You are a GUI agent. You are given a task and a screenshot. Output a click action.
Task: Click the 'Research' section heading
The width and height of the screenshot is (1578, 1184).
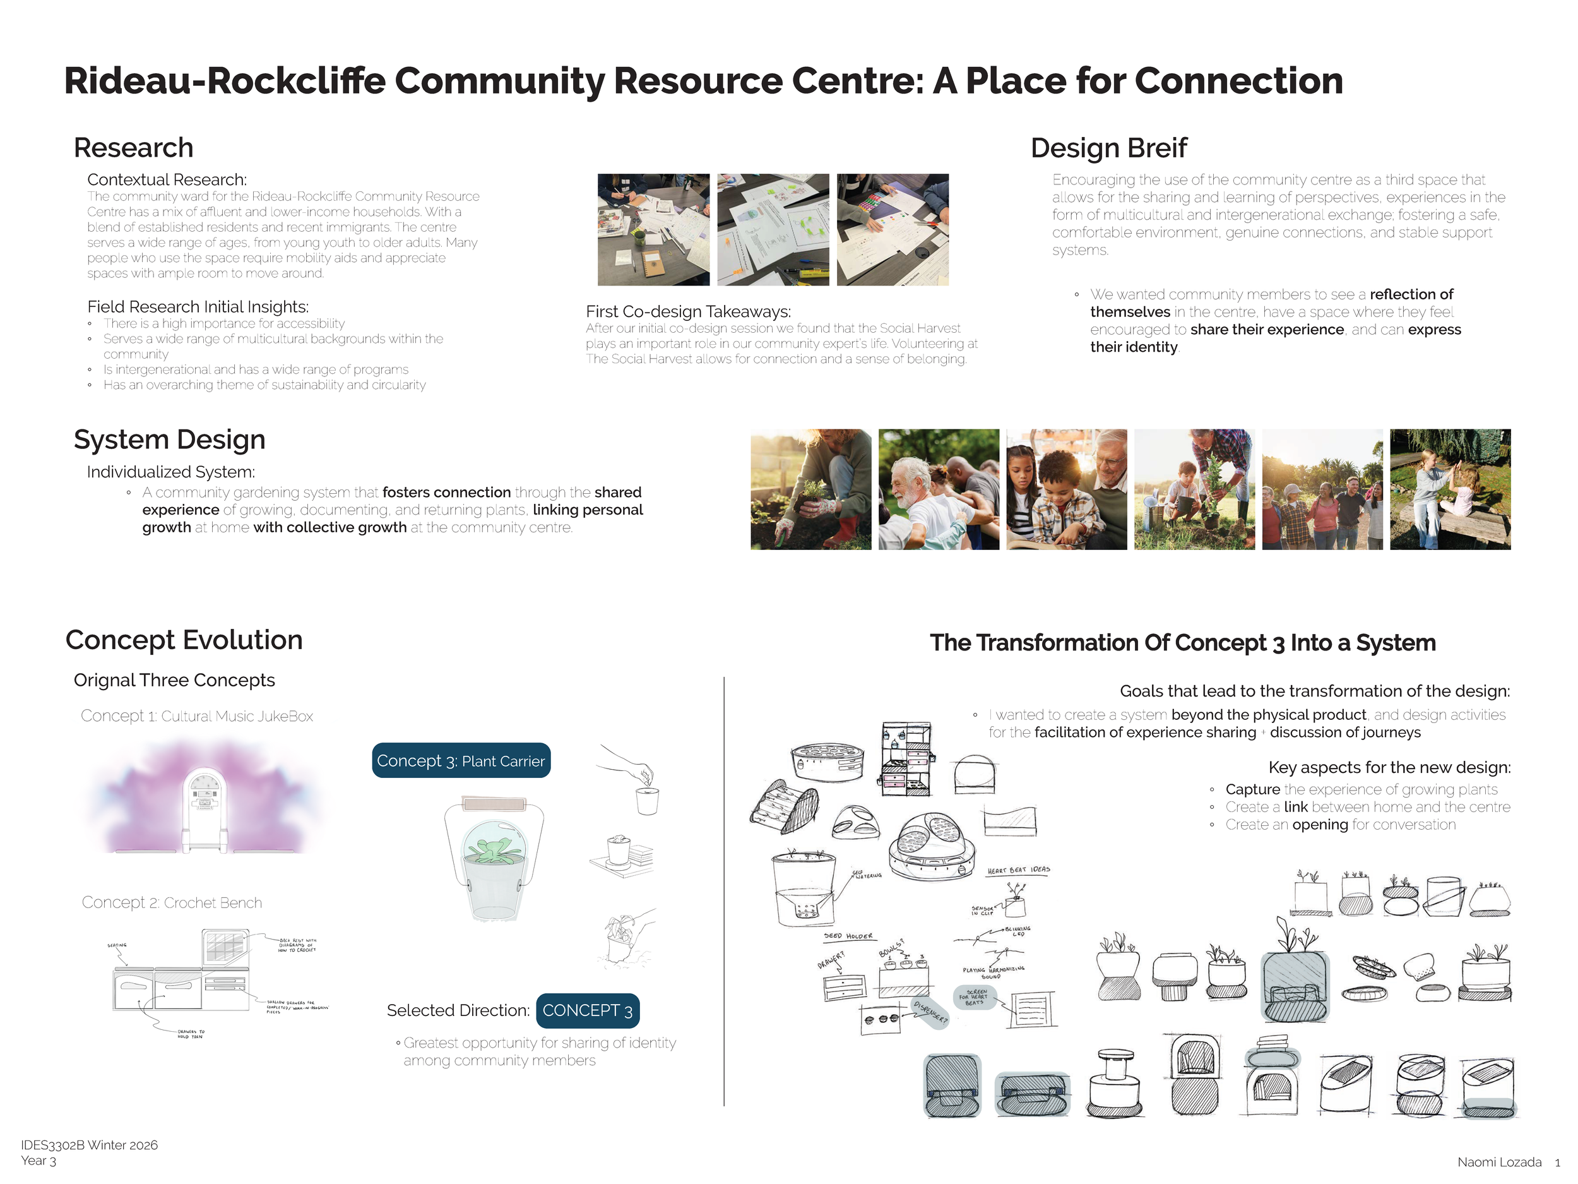tap(133, 148)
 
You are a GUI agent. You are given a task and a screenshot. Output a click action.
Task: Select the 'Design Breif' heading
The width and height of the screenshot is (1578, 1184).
tap(1108, 148)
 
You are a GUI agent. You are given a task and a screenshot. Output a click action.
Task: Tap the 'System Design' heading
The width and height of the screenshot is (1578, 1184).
tap(170, 440)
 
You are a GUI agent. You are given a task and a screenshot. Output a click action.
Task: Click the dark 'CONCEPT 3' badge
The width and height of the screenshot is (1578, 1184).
tap(587, 1010)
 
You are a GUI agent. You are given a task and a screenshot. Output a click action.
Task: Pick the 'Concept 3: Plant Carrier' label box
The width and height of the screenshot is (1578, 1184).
tap(461, 761)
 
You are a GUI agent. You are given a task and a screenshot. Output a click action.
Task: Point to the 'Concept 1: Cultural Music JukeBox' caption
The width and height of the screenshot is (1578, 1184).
tap(197, 716)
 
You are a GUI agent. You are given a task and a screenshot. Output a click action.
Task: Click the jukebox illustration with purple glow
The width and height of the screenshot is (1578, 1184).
tap(205, 800)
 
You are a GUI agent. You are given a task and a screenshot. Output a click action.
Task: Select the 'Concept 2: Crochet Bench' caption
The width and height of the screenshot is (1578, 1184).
tap(172, 902)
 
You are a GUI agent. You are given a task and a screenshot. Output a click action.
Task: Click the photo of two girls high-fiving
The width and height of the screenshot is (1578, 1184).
tap(1450, 489)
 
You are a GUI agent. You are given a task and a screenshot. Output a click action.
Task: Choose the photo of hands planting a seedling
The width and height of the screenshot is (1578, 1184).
tap(810, 489)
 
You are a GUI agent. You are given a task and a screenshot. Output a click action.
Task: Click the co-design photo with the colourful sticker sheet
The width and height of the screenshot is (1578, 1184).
tap(893, 230)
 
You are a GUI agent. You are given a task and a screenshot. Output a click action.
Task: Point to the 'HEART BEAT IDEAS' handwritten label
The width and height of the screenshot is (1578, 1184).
tap(1018, 870)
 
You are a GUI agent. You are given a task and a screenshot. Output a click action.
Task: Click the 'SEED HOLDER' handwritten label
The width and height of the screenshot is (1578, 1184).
tap(848, 936)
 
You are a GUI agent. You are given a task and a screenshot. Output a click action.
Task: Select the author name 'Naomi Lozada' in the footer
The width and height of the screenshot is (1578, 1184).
tap(1499, 1163)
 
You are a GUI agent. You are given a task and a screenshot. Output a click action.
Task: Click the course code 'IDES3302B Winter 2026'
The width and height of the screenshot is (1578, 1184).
tap(89, 1145)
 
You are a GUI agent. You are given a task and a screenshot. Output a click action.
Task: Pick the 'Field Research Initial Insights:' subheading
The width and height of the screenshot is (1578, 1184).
tap(198, 307)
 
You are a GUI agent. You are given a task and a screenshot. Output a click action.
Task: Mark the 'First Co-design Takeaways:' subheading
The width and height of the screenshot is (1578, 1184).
tap(688, 312)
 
